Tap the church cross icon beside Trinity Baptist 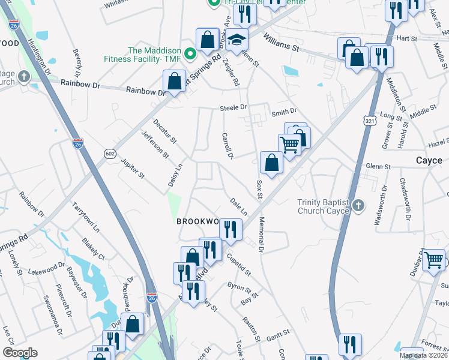click(358, 206)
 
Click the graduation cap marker click(237, 40)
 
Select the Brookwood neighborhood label click(199, 221)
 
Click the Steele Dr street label click(234, 107)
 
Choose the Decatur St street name click(164, 131)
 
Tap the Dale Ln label click(238, 206)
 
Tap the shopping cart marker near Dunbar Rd click(434, 261)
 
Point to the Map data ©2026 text click(423, 355)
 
